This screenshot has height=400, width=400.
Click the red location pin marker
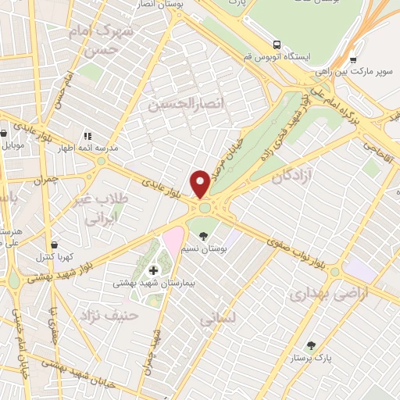click(200, 183)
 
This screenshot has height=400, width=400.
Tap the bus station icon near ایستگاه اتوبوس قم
click(277, 44)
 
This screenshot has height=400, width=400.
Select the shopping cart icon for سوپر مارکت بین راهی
click(353, 59)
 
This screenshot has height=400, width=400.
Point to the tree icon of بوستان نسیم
click(204, 235)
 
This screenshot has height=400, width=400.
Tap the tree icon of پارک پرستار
click(312, 345)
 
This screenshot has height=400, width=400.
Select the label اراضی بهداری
click(316, 295)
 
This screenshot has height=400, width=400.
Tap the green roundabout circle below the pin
click(205, 209)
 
